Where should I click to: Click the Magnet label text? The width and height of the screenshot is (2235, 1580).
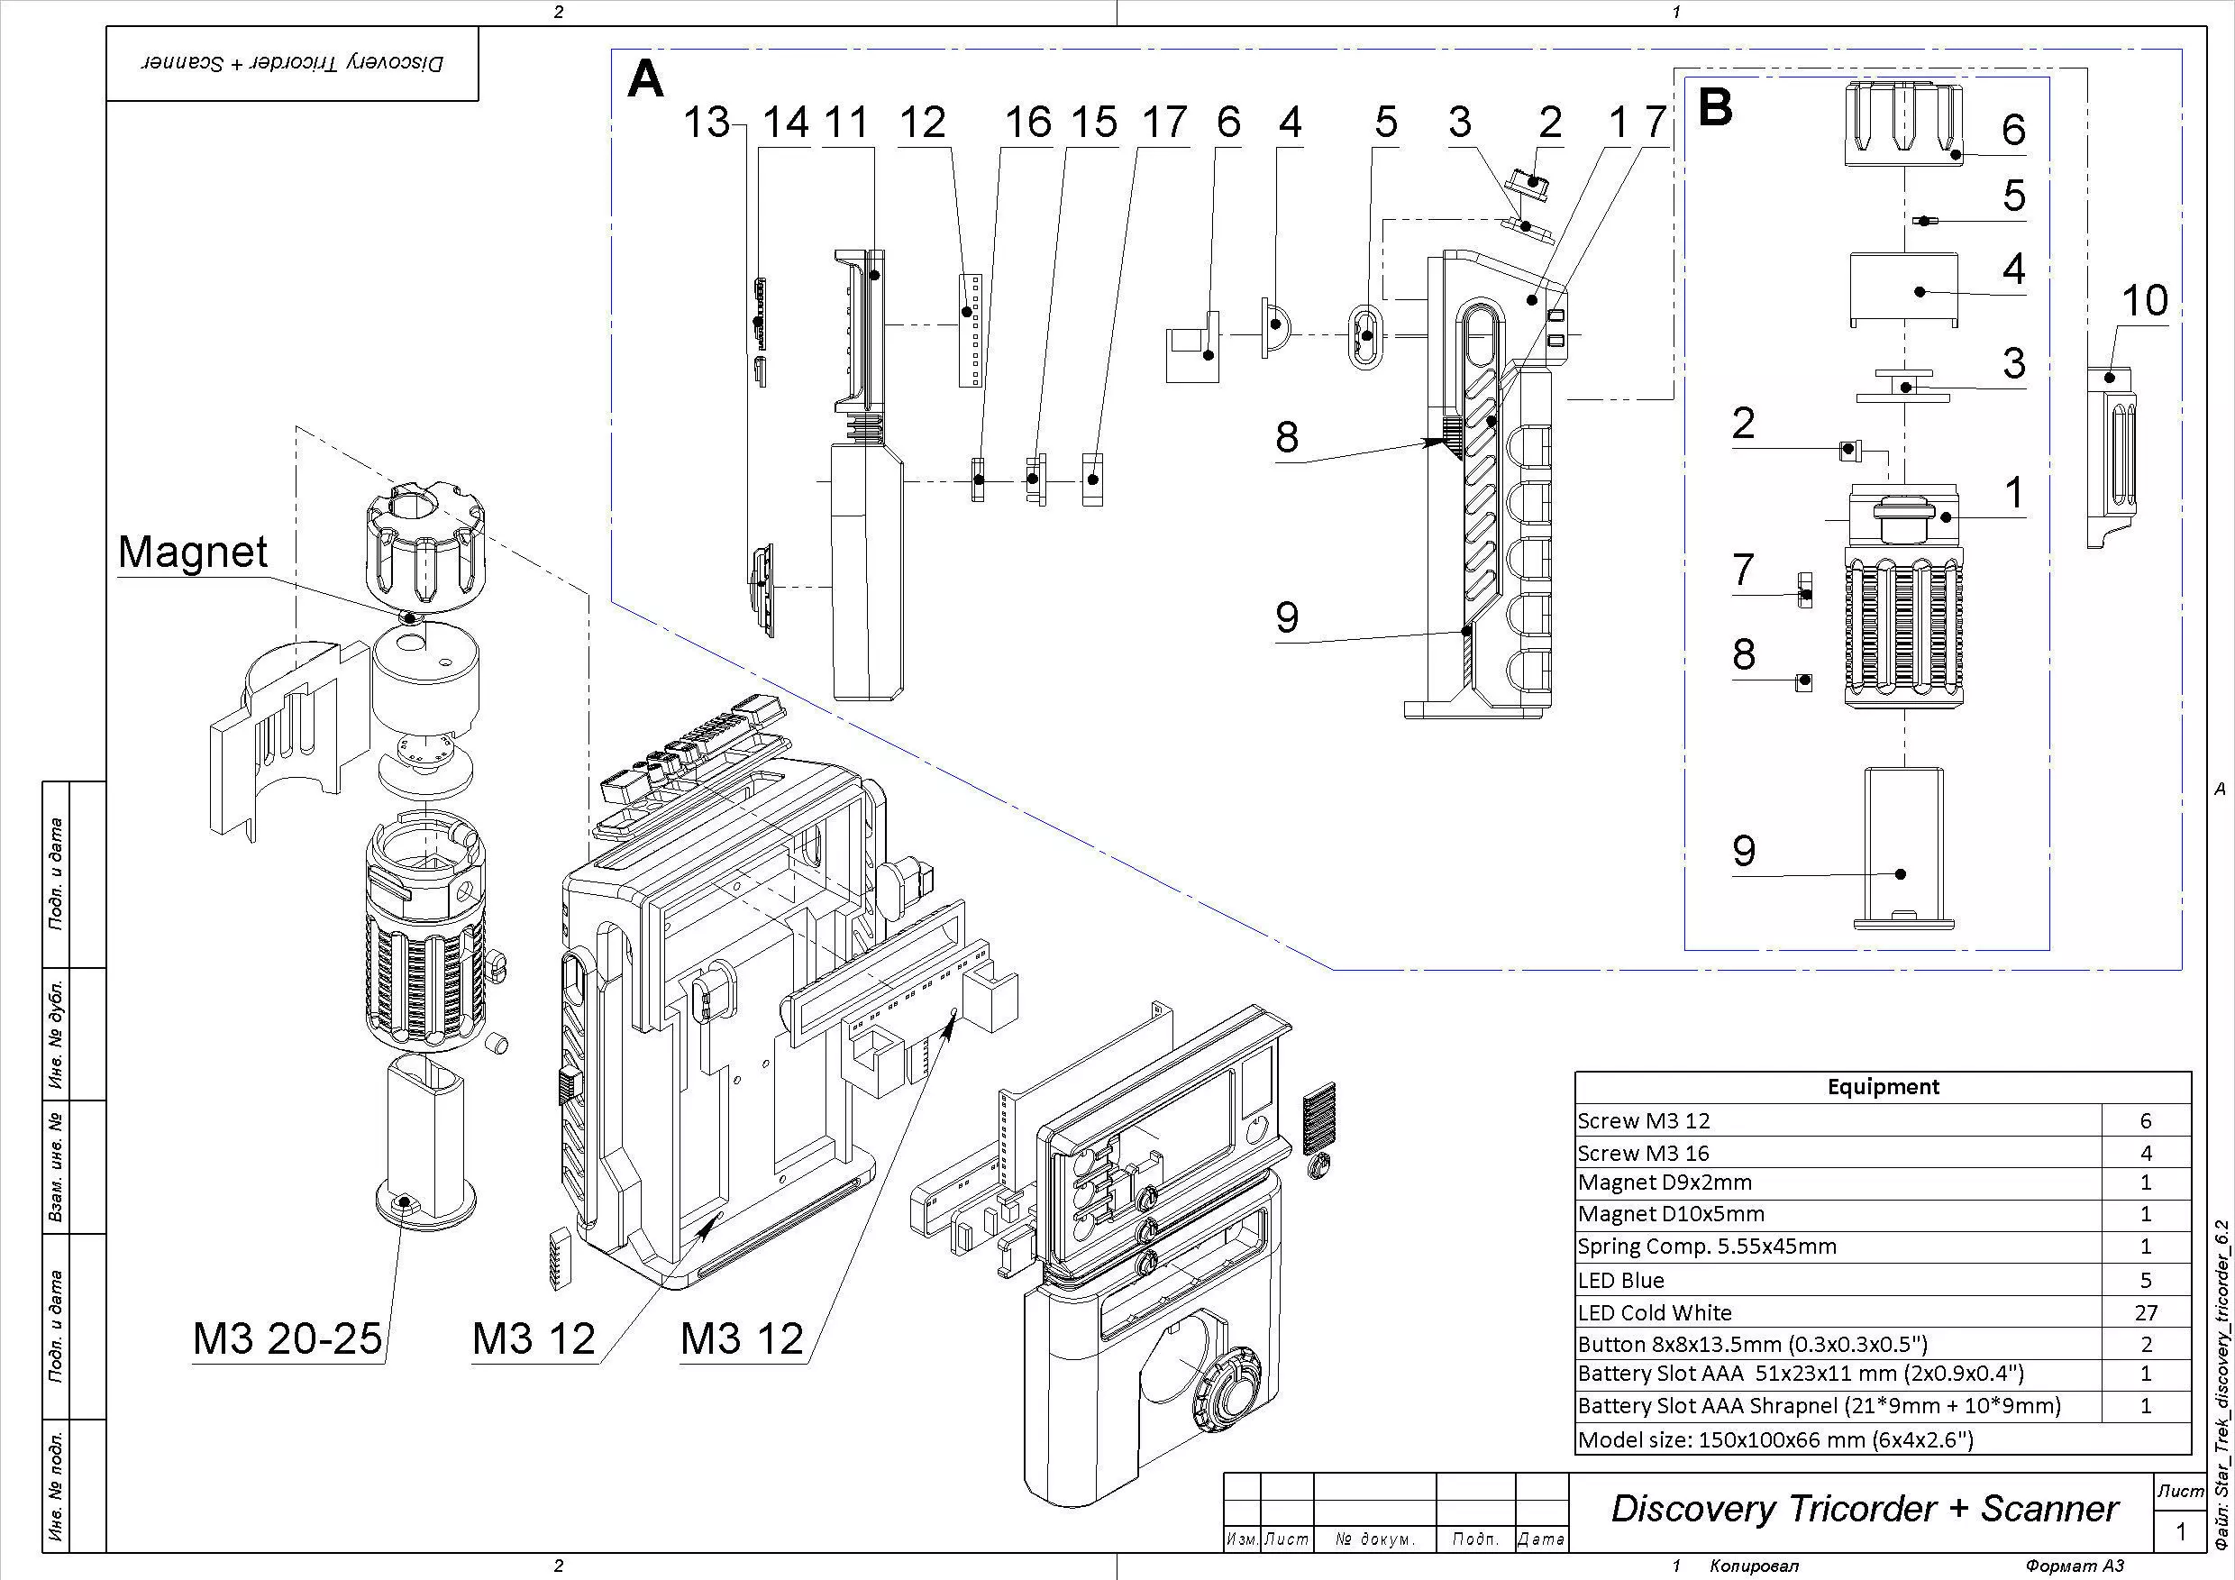coord(192,552)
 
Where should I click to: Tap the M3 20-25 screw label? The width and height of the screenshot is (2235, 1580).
coord(287,1338)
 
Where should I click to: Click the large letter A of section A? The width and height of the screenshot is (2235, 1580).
coord(646,78)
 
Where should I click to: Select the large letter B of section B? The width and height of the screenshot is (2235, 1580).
coord(1714,107)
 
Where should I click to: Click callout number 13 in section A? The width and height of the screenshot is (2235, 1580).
coord(707,123)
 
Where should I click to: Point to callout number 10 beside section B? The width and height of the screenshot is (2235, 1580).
coord(2145,300)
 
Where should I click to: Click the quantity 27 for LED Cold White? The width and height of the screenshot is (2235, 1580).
coord(2146,1312)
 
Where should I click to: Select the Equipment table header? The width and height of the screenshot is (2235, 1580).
coord(1883,1086)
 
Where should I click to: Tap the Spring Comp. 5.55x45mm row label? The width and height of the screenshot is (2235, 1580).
coord(1706,1247)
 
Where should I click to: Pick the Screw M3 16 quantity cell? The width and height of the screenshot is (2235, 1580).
coord(2146,1153)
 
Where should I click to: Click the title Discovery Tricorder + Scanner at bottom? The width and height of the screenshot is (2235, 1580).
coord(1863,1509)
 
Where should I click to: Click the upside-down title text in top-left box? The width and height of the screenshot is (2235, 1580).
coord(292,63)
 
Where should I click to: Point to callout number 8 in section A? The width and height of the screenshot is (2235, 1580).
coord(1287,437)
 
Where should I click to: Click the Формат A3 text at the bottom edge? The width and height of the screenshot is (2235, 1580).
coord(2075,1566)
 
